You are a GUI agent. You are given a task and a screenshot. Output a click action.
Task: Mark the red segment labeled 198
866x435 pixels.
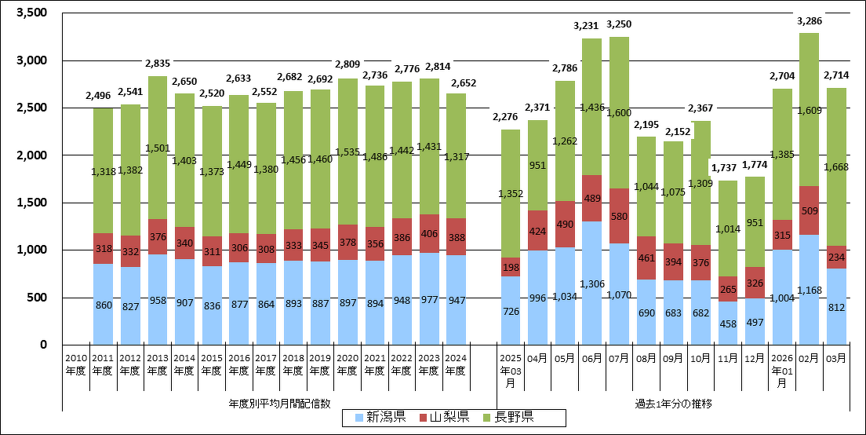(511, 267)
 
